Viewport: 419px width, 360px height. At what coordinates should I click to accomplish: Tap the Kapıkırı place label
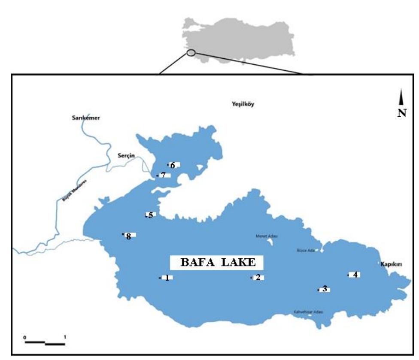tap(390, 264)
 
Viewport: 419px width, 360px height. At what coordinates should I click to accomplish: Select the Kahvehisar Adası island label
tap(308, 312)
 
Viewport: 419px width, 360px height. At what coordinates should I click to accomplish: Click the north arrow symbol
tap(401, 97)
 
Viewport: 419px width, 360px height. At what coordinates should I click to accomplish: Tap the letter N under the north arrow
tap(402, 114)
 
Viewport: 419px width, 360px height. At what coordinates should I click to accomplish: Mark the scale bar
tap(45, 342)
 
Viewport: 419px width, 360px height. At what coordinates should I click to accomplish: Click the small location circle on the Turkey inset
tap(191, 53)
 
